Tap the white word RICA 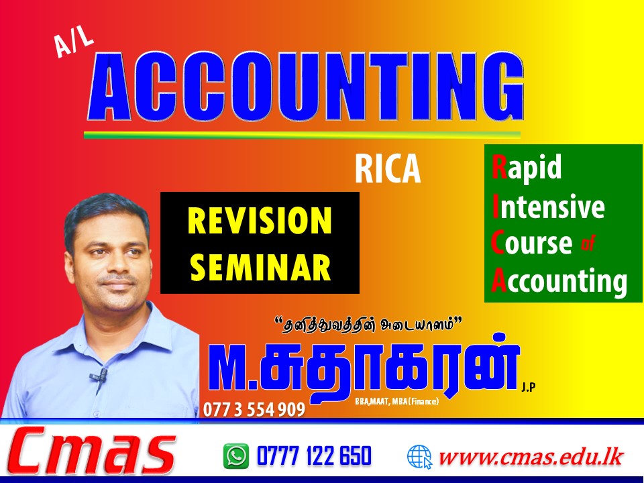pyautogui.click(x=388, y=168)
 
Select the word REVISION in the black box pyautogui.click(x=260, y=221)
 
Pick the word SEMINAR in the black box pyautogui.click(x=261, y=266)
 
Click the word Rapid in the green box pyautogui.click(x=527, y=168)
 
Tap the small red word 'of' pyautogui.click(x=588, y=244)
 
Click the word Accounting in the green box pyautogui.click(x=559, y=281)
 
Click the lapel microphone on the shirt pyautogui.click(x=99, y=376)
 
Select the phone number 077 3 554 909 pyautogui.click(x=254, y=409)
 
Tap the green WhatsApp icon pyautogui.click(x=236, y=456)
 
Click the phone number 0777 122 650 pyautogui.click(x=314, y=456)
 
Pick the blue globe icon pyautogui.click(x=419, y=457)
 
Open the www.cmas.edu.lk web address pyautogui.click(x=532, y=457)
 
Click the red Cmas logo pyautogui.click(x=92, y=451)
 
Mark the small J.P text pyautogui.click(x=529, y=387)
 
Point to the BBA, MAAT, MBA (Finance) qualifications pyautogui.click(x=396, y=401)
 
